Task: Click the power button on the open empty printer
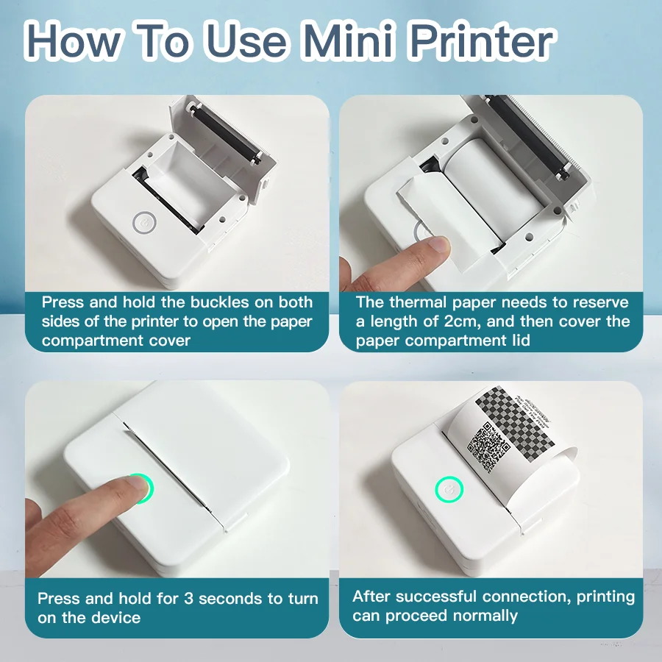(145, 222)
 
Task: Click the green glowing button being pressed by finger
(138, 487)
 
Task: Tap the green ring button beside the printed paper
(449, 488)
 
